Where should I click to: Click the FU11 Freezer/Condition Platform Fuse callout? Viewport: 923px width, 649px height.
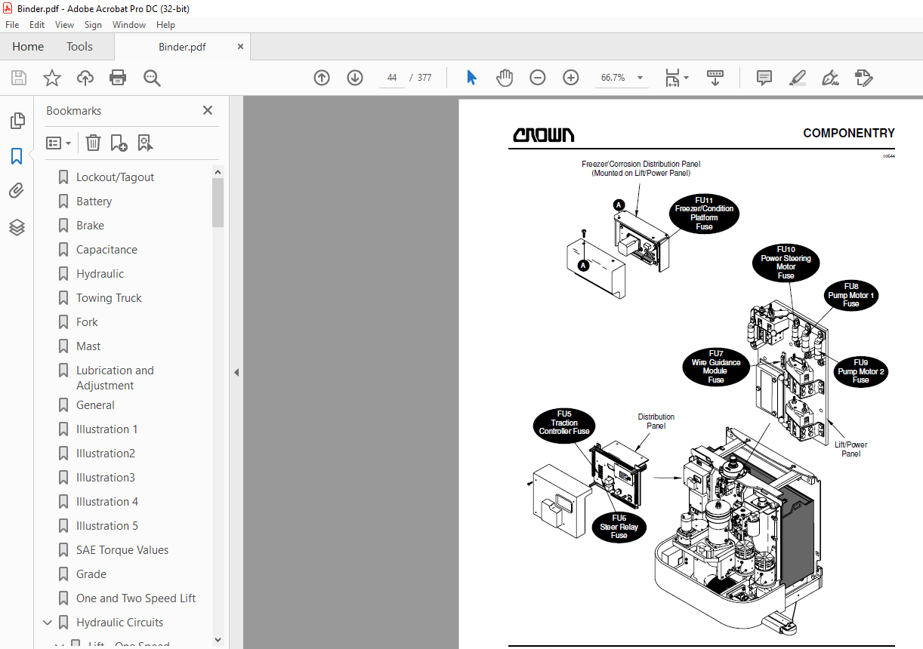(704, 213)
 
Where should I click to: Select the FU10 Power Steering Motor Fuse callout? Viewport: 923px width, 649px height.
(786, 263)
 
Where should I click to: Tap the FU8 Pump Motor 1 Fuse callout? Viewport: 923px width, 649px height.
(850, 295)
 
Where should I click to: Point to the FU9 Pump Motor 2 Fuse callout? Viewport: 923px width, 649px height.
(860, 371)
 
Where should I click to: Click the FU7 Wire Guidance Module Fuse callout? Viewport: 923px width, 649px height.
(715, 367)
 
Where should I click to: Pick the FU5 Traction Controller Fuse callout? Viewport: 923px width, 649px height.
(564, 427)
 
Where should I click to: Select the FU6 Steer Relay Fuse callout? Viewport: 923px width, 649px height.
(619, 526)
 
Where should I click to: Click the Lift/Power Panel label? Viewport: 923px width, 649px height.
(850, 449)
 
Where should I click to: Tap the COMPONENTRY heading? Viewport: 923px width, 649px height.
(848, 134)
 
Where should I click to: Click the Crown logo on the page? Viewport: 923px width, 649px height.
(543, 135)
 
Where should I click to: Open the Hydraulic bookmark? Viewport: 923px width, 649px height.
(100, 274)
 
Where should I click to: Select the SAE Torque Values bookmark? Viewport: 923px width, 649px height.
(122, 550)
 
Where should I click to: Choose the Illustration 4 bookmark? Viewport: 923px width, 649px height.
(107, 502)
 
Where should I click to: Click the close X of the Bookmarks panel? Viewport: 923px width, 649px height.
(208, 111)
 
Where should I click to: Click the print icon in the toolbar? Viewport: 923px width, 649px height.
(118, 78)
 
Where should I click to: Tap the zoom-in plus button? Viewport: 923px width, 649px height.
(571, 78)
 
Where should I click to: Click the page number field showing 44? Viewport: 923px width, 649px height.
(391, 78)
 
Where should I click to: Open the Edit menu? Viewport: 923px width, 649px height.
(37, 25)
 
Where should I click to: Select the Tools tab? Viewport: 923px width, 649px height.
(79, 47)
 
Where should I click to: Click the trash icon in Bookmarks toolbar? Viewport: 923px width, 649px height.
(93, 143)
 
